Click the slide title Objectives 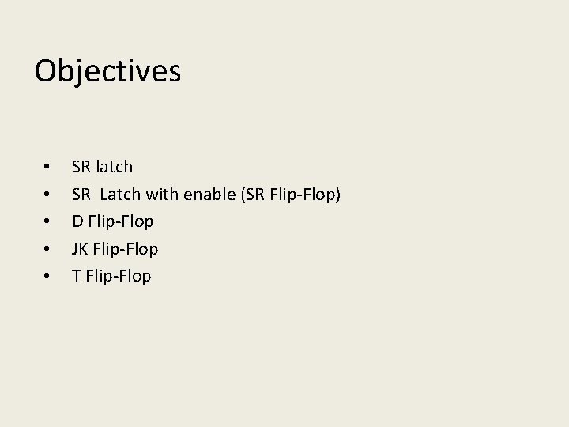107,71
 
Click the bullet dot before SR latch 48,168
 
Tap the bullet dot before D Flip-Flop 48,222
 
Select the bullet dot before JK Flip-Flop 48,249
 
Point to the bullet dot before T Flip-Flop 48,277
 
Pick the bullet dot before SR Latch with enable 48,195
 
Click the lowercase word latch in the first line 114,167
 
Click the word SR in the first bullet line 81,167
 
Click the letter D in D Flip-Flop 77,221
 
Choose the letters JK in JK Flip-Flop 80,249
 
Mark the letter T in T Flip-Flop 77,276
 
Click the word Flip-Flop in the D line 121,222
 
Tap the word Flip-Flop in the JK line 125,249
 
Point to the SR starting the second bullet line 81,194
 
